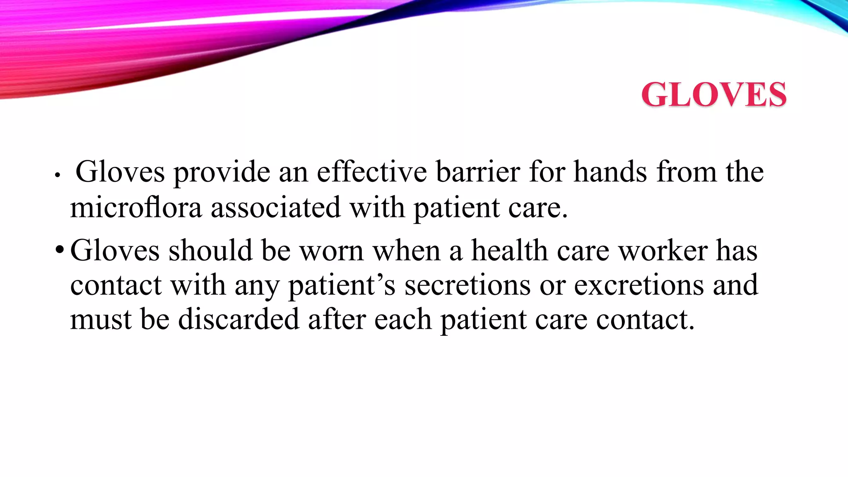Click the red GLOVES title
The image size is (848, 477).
pos(714,94)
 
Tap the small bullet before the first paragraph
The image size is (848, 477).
pos(58,176)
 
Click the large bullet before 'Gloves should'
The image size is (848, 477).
pos(60,250)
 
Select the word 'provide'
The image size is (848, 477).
pos(222,172)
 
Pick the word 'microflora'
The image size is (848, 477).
pos(136,207)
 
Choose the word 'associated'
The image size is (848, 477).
pos(276,207)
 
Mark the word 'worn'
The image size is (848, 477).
pos(331,251)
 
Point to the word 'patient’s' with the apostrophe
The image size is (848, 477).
pos(342,286)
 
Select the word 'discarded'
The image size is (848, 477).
pos(238,320)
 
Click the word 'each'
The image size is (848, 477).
pos(403,320)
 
